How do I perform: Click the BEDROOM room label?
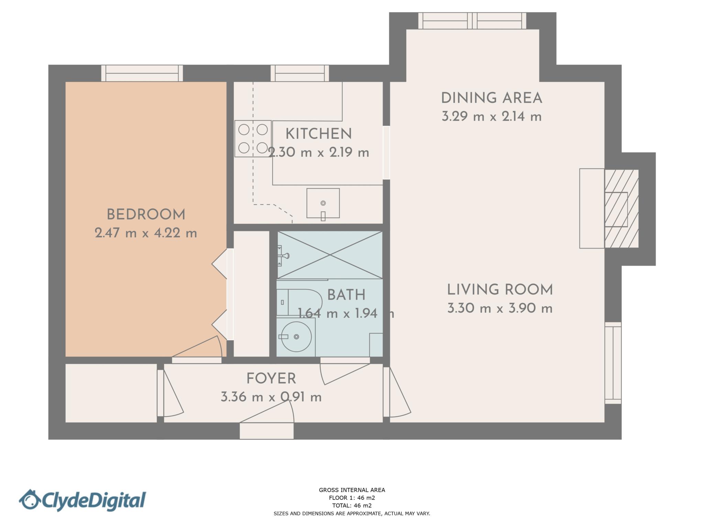pyautogui.click(x=146, y=215)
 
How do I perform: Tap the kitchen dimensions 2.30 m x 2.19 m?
pyautogui.click(x=318, y=152)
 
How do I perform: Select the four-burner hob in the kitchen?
pyautogui.click(x=253, y=139)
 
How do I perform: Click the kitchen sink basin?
pyautogui.click(x=323, y=203)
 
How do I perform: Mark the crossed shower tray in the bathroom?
pyautogui.click(x=330, y=255)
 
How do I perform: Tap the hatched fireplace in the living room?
pyautogui.click(x=621, y=209)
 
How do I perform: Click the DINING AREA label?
pyautogui.click(x=491, y=98)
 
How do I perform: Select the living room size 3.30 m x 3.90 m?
pyautogui.click(x=499, y=308)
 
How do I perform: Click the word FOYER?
pyautogui.click(x=271, y=379)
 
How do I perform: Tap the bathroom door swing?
pyautogui.click(x=344, y=371)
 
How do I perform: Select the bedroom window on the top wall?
pyautogui.click(x=142, y=73)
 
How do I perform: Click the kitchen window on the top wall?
pyautogui.click(x=300, y=73)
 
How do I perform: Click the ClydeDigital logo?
pyautogui.click(x=82, y=500)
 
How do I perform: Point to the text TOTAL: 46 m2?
pyautogui.click(x=352, y=505)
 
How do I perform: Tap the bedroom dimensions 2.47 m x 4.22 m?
pyautogui.click(x=146, y=233)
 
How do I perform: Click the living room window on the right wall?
pyautogui.click(x=613, y=363)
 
